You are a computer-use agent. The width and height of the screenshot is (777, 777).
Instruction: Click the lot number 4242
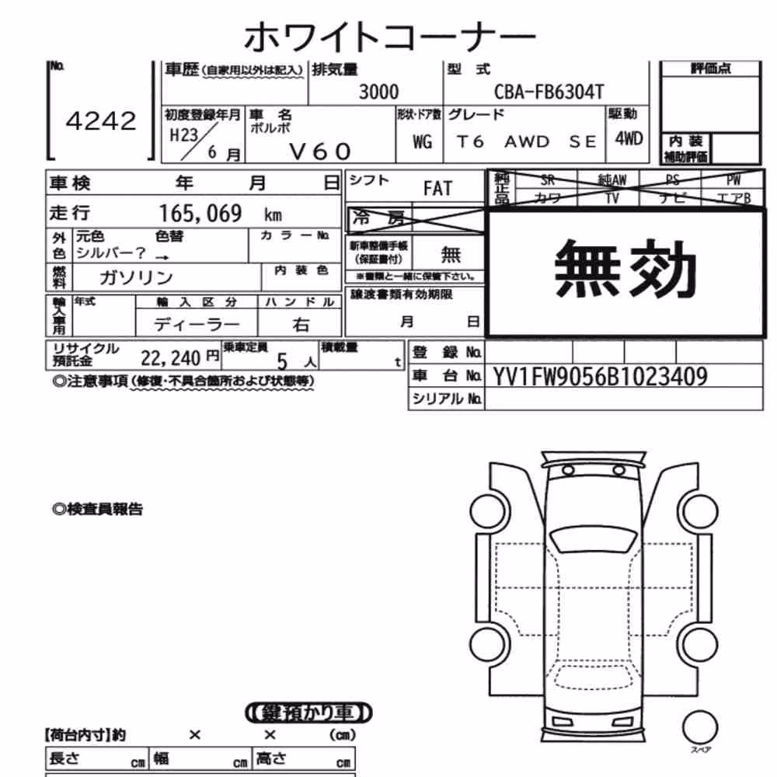pyautogui.click(x=101, y=121)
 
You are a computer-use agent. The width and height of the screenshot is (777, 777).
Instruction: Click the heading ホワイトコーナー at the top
pyautogui.click(x=390, y=37)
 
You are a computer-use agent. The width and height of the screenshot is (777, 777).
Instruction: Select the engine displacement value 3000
pyautogui.click(x=378, y=92)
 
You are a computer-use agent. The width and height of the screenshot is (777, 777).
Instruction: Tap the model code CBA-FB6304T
pyautogui.click(x=549, y=92)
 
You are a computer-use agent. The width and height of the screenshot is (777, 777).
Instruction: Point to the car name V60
pyautogui.click(x=320, y=152)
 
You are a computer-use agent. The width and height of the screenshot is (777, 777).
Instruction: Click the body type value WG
pyautogui.click(x=422, y=142)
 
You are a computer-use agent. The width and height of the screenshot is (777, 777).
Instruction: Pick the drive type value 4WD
pyautogui.click(x=629, y=138)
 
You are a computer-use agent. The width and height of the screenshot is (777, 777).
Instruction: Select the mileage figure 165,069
pyautogui.click(x=200, y=214)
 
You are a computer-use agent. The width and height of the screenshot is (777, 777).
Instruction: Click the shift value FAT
pyautogui.click(x=437, y=188)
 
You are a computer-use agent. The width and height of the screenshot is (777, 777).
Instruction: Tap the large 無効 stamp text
pyautogui.click(x=625, y=269)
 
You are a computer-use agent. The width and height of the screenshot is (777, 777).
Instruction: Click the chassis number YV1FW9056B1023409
pyautogui.click(x=600, y=377)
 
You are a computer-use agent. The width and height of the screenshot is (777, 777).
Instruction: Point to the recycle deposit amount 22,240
pyautogui.click(x=170, y=357)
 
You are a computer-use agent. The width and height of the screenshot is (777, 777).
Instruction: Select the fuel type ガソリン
pyautogui.click(x=136, y=277)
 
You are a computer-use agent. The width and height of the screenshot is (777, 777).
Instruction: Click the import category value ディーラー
pyautogui.click(x=197, y=325)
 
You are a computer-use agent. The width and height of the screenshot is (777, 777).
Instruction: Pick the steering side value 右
pyautogui.click(x=300, y=325)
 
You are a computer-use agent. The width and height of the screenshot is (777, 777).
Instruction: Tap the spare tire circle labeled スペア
pyautogui.click(x=700, y=727)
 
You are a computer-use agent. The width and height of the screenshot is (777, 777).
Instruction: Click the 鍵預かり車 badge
pyautogui.click(x=308, y=713)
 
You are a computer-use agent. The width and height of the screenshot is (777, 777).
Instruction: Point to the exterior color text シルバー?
pyautogui.click(x=111, y=253)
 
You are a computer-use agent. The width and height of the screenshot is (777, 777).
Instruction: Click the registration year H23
pyautogui.click(x=183, y=134)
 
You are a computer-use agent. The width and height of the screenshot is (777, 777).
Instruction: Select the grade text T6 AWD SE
pyautogui.click(x=526, y=142)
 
